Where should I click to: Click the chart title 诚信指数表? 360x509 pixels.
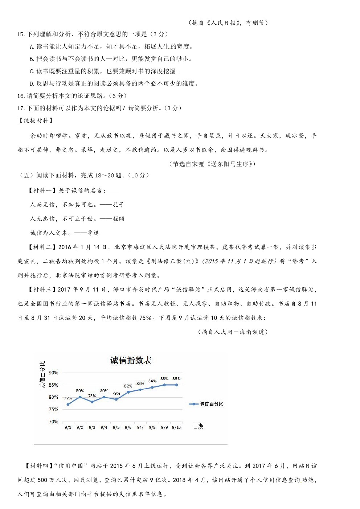coord(131,360)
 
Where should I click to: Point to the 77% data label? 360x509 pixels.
coord(68,398)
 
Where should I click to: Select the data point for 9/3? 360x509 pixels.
coord(92,402)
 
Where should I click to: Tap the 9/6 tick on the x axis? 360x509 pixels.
coord(128,427)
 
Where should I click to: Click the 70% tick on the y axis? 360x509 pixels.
coord(53,422)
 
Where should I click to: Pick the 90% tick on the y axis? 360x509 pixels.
coord(53,373)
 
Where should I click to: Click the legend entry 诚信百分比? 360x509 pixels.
coord(211,404)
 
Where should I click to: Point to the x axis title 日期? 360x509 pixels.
coord(198,426)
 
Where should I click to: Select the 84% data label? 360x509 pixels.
coord(152,381)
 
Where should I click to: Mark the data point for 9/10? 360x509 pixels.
coord(177,385)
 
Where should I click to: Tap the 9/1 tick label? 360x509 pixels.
coord(68,427)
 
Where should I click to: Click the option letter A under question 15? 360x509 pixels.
coord(32,47)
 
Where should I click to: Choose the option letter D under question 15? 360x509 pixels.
coord(32,84)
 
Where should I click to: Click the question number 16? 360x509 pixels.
coord(21,96)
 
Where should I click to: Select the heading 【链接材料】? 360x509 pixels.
coord(36,120)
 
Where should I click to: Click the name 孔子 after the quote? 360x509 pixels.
coord(118,205)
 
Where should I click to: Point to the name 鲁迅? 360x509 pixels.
coord(93,233)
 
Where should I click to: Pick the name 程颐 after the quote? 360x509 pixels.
coord(118,219)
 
